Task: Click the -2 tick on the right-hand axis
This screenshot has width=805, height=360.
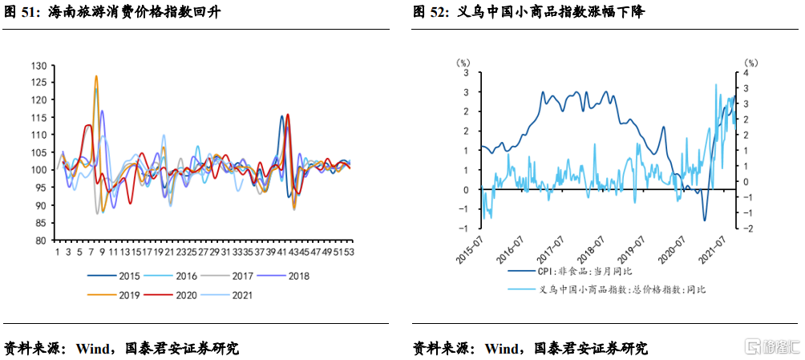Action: coord(747,229)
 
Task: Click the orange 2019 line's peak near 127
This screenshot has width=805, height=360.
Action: coord(96,77)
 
